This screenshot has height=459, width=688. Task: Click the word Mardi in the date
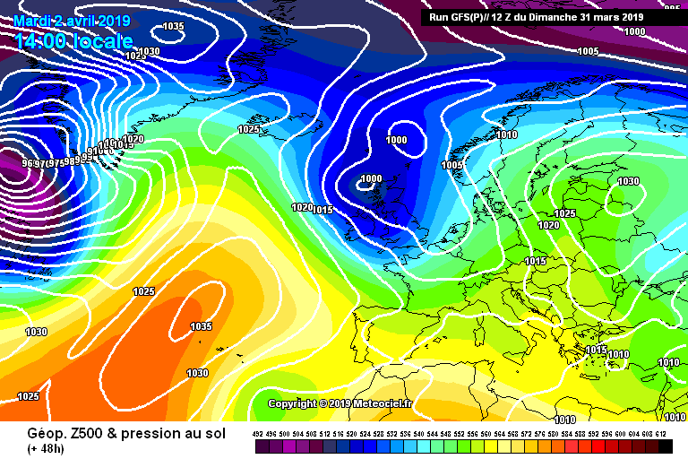click(x=33, y=21)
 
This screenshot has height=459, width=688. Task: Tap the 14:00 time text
click(x=44, y=41)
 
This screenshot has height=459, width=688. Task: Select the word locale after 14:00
click(x=106, y=41)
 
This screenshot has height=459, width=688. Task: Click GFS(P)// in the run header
click(x=474, y=16)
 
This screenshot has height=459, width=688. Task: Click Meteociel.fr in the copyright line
click(x=381, y=403)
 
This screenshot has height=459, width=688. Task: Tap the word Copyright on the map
click(x=293, y=403)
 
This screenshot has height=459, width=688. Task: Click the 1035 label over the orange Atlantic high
click(x=202, y=326)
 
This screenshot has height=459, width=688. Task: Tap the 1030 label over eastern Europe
click(x=628, y=182)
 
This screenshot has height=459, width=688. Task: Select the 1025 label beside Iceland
click(x=249, y=129)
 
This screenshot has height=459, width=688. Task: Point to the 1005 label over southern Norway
click(x=451, y=165)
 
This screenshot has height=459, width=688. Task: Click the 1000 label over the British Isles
click(x=371, y=178)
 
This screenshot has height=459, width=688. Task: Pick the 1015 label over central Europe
click(x=536, y=261)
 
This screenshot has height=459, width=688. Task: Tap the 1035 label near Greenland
click(x=174, y=27)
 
